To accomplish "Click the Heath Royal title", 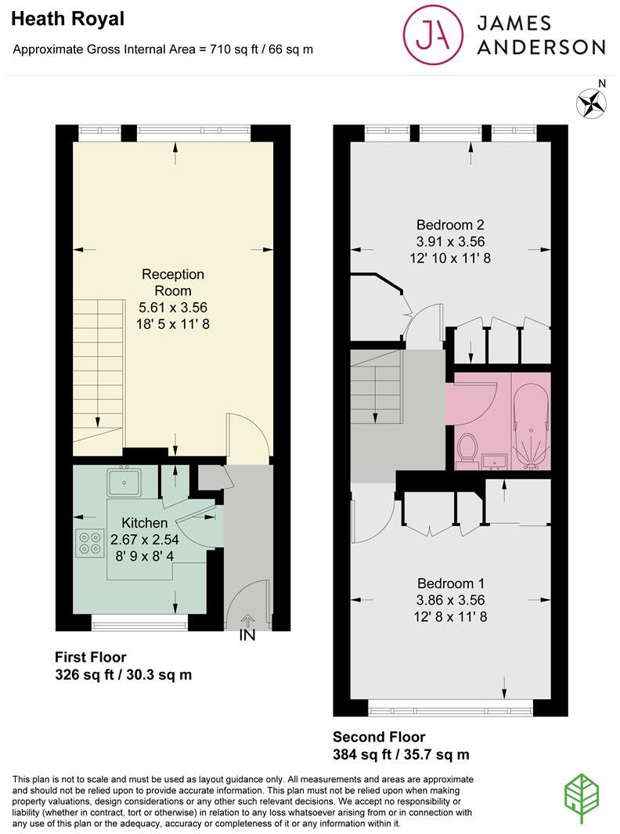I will [57, 19].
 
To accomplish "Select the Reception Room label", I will [172, 282].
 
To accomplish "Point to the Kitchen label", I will [144, 523].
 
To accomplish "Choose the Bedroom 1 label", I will [450, 583].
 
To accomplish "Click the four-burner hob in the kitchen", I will [91, 543].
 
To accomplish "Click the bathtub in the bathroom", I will [531, 423].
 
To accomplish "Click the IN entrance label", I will [247, 636].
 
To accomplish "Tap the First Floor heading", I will [90, 657].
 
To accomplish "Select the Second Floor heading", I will [379, 737].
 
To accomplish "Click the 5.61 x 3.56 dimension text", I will [172, 308].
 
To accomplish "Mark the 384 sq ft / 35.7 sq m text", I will [401, 755].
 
